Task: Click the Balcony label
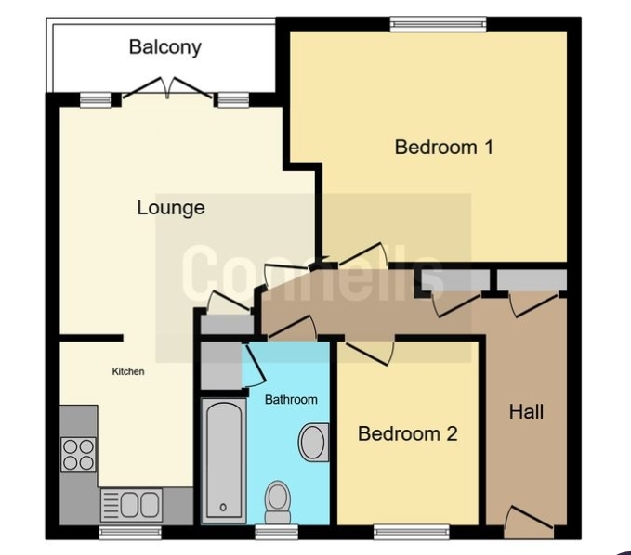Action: click(165, 47)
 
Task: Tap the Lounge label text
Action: click(171, 208)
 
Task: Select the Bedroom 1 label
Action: click(444, 147)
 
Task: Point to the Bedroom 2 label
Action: click(408, 434)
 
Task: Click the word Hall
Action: click(526, 412)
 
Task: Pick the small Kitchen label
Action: click(128, 372)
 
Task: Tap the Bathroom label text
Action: click(291, 400)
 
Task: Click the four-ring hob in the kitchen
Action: click(78, 454)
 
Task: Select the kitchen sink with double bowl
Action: click(131, 504)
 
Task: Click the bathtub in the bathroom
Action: click(224, 460)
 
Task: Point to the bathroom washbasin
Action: click(313, 442)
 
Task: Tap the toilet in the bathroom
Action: click(277, 502)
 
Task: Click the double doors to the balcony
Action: click(167, 88)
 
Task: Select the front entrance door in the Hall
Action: click(529, 523)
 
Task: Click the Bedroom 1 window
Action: click(438, 24)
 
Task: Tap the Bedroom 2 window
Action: click(411, 532)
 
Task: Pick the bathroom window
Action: click(277, 532)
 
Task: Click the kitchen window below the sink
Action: click(130, 532)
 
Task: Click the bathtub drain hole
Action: click(223, 507)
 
